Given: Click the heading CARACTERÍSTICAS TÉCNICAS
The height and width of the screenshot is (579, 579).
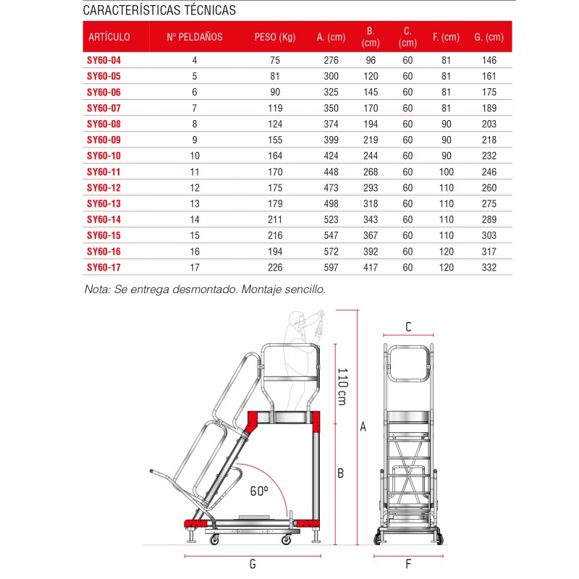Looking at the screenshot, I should pos(159,11).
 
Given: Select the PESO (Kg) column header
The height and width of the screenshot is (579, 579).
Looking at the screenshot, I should pos(275,37).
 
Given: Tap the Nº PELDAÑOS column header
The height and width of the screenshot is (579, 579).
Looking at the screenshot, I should pos(195,37).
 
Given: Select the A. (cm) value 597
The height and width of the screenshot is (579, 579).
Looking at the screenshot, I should pos(331,267).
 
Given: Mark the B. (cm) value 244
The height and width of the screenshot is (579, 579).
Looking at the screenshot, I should pos(370,156).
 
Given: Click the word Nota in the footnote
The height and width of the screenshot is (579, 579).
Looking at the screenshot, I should pos(96,288).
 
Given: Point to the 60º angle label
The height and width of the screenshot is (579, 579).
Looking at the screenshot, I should pos(259,491).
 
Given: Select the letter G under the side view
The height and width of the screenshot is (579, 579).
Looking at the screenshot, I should pos(251,565).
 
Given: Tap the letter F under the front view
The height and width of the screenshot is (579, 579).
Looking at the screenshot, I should pos(408,565).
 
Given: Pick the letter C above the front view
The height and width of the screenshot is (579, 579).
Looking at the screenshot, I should pos(408,327).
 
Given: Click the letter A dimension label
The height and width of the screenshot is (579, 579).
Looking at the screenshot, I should pos(363,427).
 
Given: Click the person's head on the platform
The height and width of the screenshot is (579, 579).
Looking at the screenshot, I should pos(295,318).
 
